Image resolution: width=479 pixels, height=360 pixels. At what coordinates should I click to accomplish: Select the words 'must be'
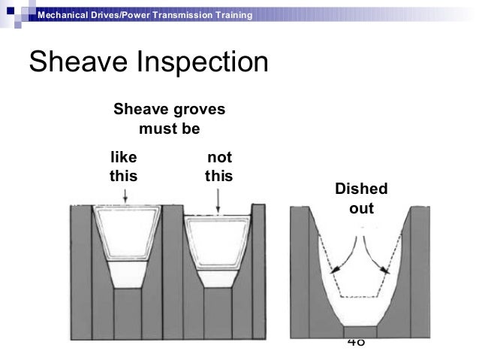tap(170, 129)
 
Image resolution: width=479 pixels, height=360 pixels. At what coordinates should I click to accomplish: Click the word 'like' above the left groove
tap(124, 158)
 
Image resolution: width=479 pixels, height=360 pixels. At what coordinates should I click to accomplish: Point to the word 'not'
tap(219, 158)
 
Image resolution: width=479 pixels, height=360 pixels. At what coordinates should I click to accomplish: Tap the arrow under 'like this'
tap(126, 196)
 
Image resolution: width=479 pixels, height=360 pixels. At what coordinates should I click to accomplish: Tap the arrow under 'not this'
tap(218, 200)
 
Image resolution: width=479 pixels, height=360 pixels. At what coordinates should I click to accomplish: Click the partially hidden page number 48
tap(356, 343)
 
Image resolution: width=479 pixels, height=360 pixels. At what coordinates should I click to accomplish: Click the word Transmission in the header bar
tap(180, 16)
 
